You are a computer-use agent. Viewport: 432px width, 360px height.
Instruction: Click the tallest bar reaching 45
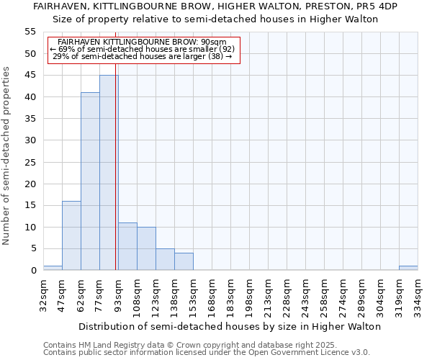[109, 173]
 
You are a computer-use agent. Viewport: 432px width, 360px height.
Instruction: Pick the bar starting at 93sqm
[127, 246]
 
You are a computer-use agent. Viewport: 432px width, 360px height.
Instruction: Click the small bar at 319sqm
[408, 268]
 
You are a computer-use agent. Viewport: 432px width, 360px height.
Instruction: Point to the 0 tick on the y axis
[33, 271]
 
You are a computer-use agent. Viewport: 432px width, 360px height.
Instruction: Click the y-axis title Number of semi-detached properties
[6, 155]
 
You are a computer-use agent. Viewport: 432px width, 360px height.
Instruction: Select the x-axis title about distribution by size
[229, 326]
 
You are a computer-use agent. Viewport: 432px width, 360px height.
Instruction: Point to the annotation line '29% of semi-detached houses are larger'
[143, 56]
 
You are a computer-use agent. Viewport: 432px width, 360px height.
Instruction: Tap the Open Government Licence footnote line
[206, 353]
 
